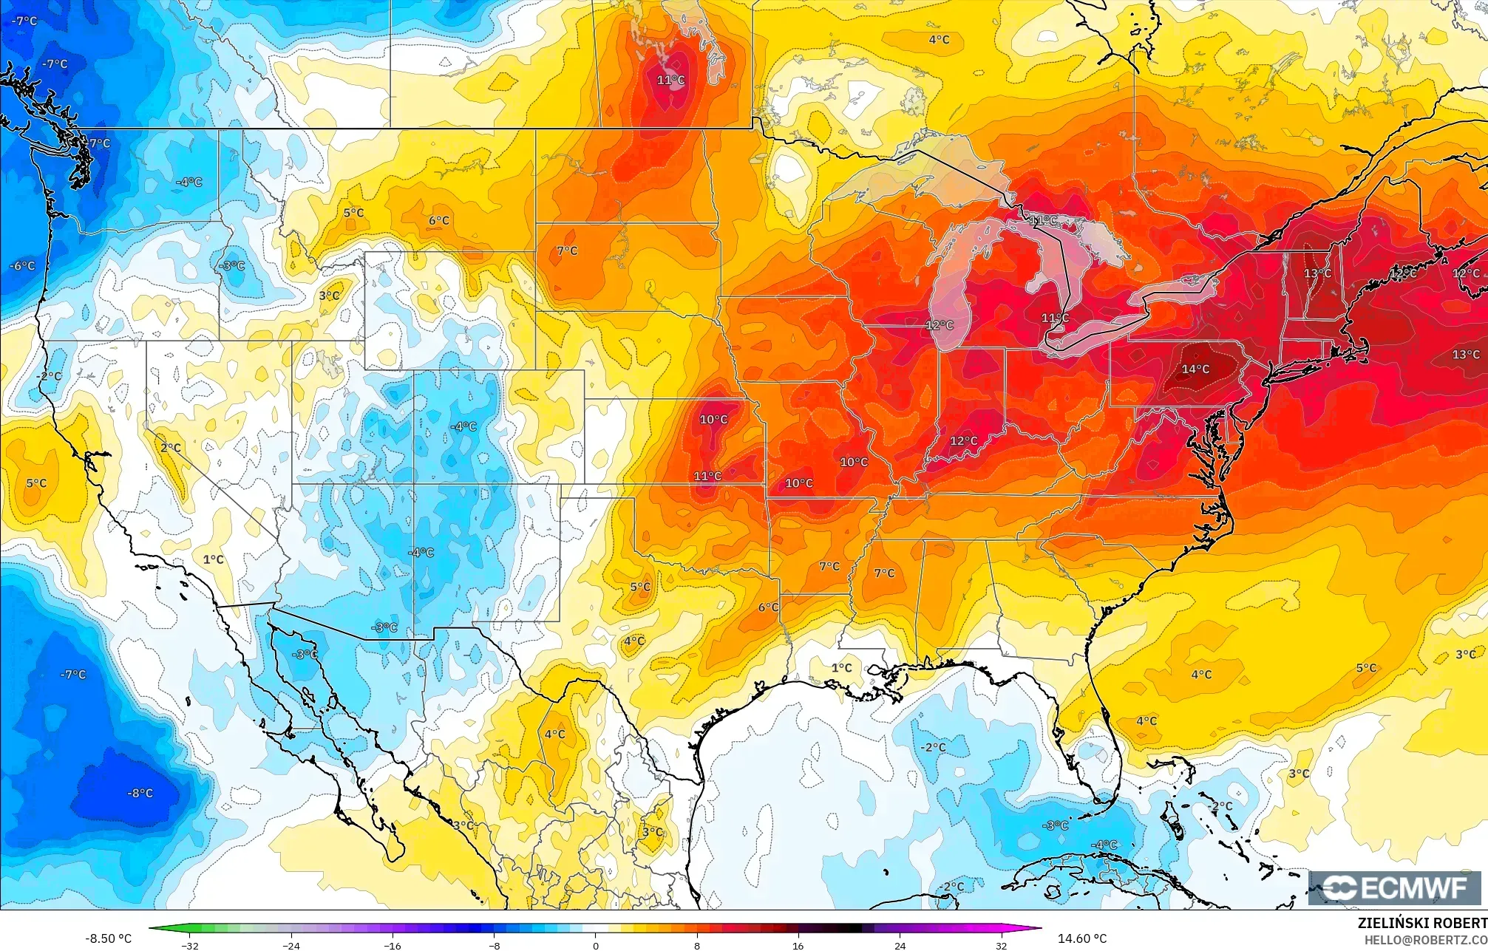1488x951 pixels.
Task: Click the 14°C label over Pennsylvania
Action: pos(1195,369)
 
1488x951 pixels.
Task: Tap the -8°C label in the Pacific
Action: pos(140,793)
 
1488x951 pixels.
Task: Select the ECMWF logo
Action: pos(1394,887)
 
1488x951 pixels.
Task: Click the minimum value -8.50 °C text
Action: pos(109,938)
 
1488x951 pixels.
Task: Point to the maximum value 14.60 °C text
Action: pos(1082,938)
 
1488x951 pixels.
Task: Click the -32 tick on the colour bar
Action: pos(190,945)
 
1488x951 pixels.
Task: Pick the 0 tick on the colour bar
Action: pos(596,945)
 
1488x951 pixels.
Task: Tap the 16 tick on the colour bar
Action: pos(798,945)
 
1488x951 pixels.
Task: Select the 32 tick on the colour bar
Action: pos(1001,945)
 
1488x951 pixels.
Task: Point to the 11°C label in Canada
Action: pos(670,80)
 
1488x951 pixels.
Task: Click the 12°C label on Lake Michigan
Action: pos(940,325)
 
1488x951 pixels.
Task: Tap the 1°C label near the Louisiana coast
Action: pos(841,667)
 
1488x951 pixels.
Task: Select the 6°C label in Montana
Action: pos(438,220)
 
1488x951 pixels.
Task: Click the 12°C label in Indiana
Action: pos(963,441)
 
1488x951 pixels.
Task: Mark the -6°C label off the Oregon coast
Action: pos(23,266)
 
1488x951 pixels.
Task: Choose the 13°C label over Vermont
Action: pos(1317,273)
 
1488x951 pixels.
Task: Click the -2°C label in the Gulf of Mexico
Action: pos(933,747)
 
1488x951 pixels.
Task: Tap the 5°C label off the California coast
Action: pos(36,483)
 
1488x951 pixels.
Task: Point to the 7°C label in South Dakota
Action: pos(567,251)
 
